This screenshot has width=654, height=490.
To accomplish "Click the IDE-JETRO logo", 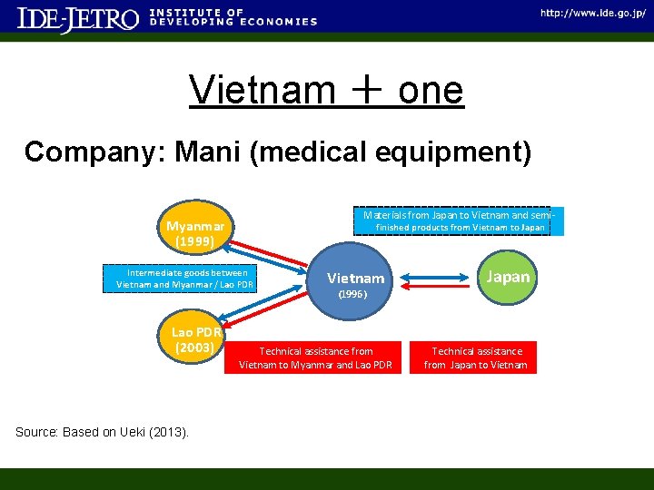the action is [78, 19].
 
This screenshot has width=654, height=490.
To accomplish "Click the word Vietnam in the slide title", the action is [263, 90].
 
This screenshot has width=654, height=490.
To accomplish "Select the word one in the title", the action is [430, 90].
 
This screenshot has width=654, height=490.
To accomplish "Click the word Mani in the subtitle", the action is [211, 152].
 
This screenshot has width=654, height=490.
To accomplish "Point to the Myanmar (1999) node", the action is [195, 233].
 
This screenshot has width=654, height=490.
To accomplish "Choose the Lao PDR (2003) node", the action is [195, 339].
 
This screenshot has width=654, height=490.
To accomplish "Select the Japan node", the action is [508, 277].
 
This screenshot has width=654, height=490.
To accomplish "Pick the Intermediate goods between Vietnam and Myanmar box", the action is [187, 279].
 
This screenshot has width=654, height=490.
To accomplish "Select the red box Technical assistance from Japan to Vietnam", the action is [476, 358].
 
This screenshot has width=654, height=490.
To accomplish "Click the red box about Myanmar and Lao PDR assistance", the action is [315, 358].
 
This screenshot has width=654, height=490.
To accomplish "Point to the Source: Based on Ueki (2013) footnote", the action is [103, 432].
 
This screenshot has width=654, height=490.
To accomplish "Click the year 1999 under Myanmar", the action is [195, 241].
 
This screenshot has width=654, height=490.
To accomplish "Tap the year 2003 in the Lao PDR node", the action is [195, 348].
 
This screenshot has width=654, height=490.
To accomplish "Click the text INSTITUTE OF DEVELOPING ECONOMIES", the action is [233, 17].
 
